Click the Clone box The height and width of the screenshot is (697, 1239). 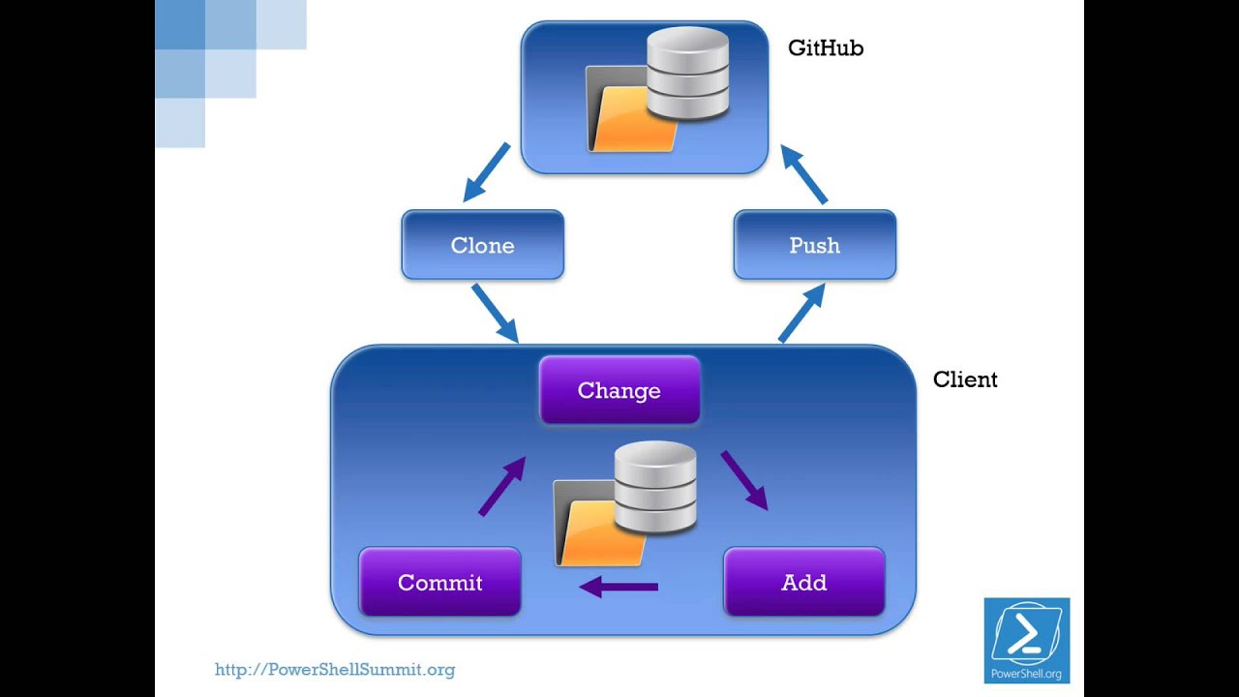pos(482,245)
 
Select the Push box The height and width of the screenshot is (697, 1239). pos(814,245)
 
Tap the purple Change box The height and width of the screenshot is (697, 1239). pos(619,390)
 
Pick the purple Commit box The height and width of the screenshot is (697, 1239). pos(439,582)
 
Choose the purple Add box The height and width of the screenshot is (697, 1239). pos(803,582)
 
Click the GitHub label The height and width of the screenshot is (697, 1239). pos(825,47)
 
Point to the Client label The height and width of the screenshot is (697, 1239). pos(964,379)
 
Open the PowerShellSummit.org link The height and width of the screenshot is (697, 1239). pos(334,669)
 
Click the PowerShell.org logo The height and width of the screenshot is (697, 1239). pos(1026,640)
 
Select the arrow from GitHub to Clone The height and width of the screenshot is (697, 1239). pos(487,172)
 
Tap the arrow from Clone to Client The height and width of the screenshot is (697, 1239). pos(495,313)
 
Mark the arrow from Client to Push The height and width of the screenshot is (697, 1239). pos(801,313)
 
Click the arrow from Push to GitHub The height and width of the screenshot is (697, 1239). pos(804,174)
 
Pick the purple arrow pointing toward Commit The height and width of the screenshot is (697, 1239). pos(619,587)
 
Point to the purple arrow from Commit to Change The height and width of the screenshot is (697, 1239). pos(502,486)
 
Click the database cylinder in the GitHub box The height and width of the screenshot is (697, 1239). pos(687,73)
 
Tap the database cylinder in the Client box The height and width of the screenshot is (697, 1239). pos(655,487)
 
